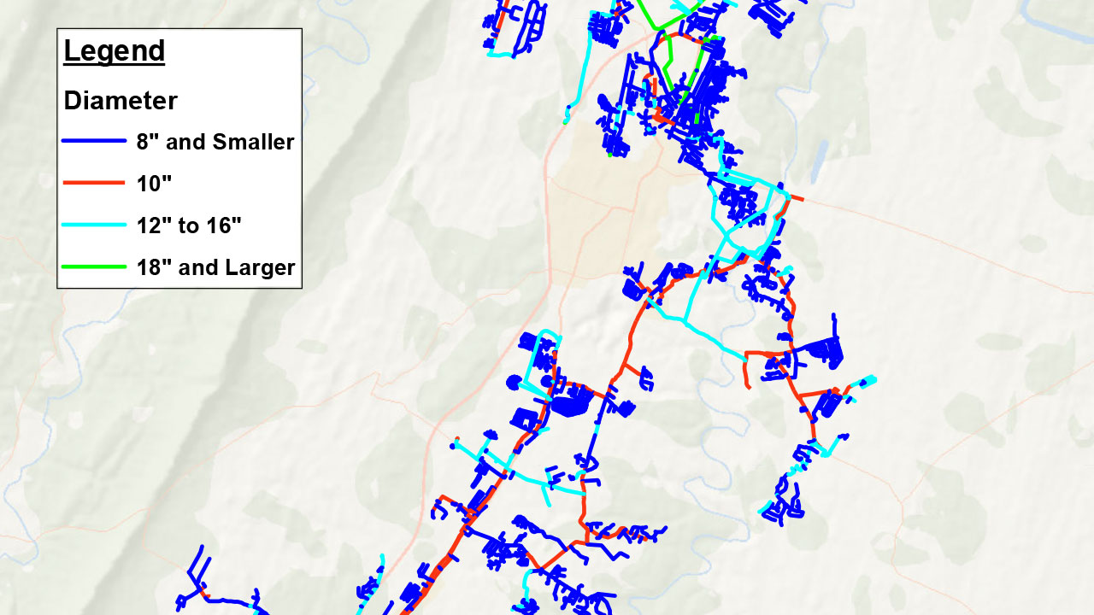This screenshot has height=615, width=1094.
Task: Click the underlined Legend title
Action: click(114, 51)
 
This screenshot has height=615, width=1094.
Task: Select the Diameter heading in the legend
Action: click(121, 101)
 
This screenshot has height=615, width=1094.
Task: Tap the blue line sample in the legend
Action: click(94, 142)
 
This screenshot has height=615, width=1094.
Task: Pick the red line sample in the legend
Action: click(94, 183)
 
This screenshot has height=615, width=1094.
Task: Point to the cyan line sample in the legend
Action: click(94, 225)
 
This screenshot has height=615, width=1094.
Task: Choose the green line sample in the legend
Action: click(94, 267)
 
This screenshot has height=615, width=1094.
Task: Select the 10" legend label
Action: click(151, 183)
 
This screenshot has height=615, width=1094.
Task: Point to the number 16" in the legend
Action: click(224, 225)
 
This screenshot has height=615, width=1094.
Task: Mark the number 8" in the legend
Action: click(146, 142)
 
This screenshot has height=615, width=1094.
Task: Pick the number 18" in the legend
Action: click(155, 267)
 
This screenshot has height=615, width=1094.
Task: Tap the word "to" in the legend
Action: click(189, 225)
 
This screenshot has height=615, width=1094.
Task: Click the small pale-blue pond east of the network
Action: click(820, 159)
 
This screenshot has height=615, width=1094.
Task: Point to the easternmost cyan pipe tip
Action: click(873, 378)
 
